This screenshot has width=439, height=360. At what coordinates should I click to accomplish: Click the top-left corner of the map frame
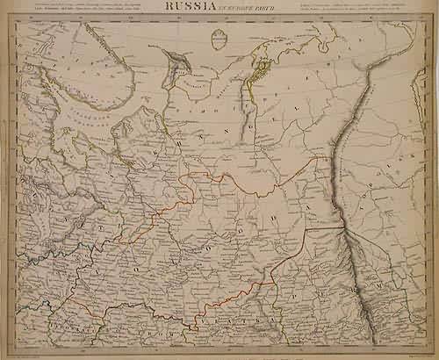pos(18,18)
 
